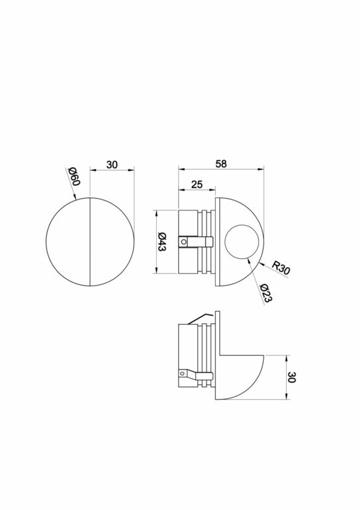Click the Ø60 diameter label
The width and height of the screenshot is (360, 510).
tap(74, 178)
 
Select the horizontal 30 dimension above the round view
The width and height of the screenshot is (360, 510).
tap(112, 165)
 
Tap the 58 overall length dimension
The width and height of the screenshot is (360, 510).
tap(221, 163)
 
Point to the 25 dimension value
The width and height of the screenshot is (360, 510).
tap(196, 185)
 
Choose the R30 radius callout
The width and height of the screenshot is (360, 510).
tap(282, 268)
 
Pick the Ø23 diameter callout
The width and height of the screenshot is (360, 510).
tap(265, 293)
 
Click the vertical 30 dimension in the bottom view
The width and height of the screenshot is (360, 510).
tap(292, 377)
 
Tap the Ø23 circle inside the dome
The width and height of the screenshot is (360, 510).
tap(240, 242)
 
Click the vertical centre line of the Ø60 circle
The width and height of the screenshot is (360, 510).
tap(90, 242)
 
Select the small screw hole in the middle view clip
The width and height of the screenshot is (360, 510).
tap(184, 242)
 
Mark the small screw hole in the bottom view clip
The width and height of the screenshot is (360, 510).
tap(179, 375)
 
